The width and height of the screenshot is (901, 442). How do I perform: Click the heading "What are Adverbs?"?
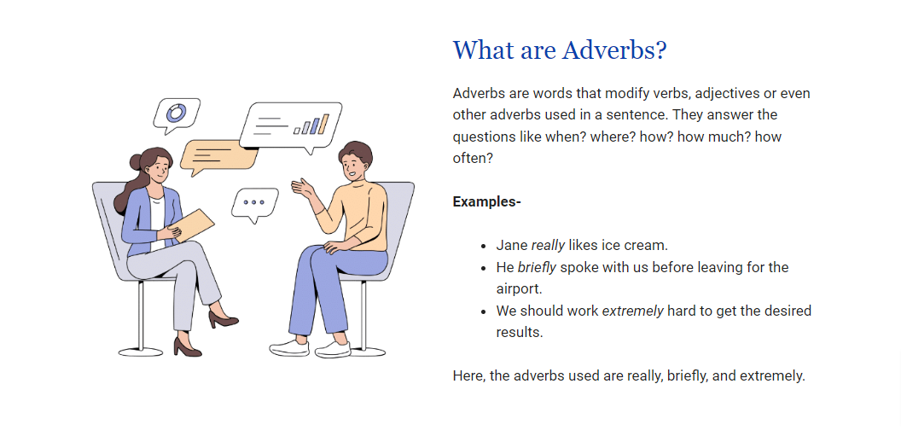pos(559,50)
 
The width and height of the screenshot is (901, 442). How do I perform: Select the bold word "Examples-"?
pos(486,202)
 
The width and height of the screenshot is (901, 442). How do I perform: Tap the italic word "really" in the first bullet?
pos(548,246)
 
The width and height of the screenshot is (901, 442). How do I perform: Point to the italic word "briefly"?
pos(537,268)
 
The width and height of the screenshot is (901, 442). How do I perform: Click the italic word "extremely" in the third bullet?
pos(632,311)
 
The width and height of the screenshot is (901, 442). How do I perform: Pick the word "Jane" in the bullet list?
pos(512,246)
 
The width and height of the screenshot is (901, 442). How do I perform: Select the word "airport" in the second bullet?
pos(517,289)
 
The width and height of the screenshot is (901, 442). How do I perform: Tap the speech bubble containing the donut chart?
pos(177,115)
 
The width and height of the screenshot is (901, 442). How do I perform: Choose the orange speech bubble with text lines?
pos(218,156)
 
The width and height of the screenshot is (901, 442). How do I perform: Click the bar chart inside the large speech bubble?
pos(311,124)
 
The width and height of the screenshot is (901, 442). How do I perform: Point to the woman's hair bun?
pos(137,162)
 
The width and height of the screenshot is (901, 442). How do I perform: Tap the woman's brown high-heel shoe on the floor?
pos(188,346)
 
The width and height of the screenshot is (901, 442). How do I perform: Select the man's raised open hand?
pos(303,188)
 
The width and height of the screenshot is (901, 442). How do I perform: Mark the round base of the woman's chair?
pos(141,352)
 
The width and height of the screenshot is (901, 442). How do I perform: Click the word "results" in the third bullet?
pos(518,333)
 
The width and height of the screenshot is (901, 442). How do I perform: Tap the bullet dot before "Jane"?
pos(483,246)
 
